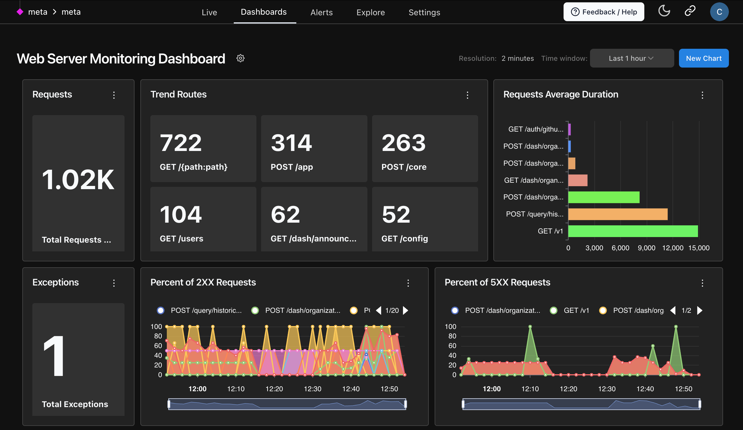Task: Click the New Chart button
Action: click(x=703, y=58)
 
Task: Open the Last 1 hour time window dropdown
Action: click(x=631, y=58)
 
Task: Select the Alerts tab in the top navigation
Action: click(x=321, y=12)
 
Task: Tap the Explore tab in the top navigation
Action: click(x=370, y=12)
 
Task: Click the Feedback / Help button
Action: click(x=604, y=12)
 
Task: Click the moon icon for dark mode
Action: click(x=664, y=11)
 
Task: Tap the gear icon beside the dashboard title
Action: click(x=240, y=58)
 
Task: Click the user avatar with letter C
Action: click(x=719, y=12)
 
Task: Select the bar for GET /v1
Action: click(x=633, y=231)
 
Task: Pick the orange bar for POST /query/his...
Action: click(x=617, y=214)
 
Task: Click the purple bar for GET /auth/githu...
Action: click(x=569, y=129)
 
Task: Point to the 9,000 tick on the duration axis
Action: click(x=646, y=248)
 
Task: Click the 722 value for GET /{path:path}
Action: click(x=181, y=143)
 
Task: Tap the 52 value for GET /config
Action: click(x=396, y=215)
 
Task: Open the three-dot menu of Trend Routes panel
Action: click(x=467, y=95)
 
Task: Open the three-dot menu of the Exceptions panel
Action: click(x=114, y=283)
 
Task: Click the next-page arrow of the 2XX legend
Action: click(x=406, y=310)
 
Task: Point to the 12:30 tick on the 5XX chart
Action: click(x=607, y=389)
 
